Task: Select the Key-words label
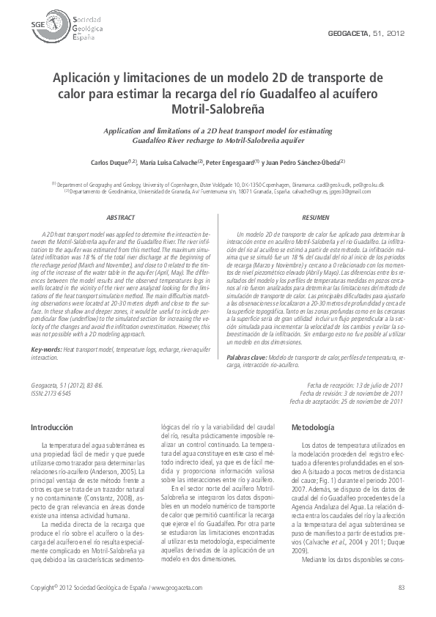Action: coord(46,350)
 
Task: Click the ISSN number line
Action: coord(52,394)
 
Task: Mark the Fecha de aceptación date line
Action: coord(347,401)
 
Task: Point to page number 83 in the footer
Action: coord(401,588)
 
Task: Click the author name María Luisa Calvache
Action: coord(177,161)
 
